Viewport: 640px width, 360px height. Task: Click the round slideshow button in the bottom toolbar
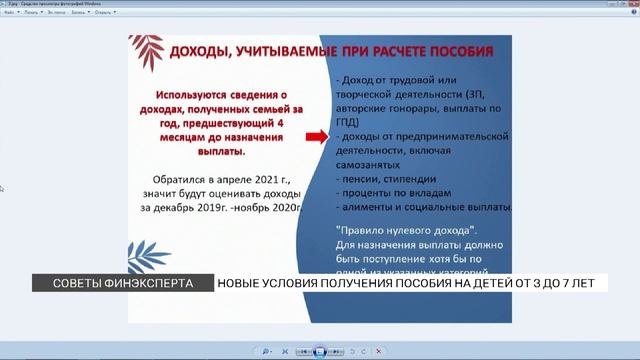[x=320, y=351]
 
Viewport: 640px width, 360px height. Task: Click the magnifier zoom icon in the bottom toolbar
[x=266, y=352]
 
